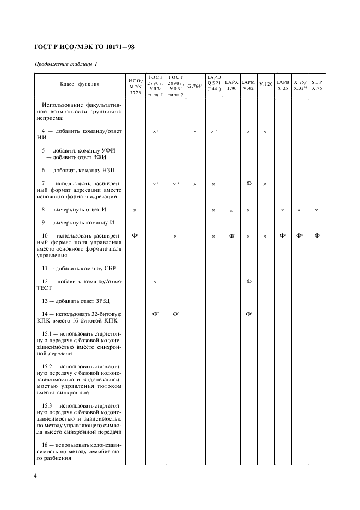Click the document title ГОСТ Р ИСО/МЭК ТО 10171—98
click(x=84, y=47)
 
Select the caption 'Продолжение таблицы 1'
click(x=66, y=64)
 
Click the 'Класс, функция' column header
click(x=80, y=84)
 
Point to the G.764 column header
click(x=195, y=86)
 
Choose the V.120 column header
click(x=265, y=84)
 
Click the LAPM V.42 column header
click(x=248, y=84)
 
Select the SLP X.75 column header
click(x=317, y=84)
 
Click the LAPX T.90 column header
click(x=231, y=84)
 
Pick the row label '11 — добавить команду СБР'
click(x=78, y=268)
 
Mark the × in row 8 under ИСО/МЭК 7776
click(x=135, y=210)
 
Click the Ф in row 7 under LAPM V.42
click(x=248, y=183)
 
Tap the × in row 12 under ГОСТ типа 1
click(x=155, y=282)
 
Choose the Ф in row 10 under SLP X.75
click(x=317, y=235)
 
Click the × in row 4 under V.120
click(x=265, y=132)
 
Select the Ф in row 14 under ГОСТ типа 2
click(x=175, y=314)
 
